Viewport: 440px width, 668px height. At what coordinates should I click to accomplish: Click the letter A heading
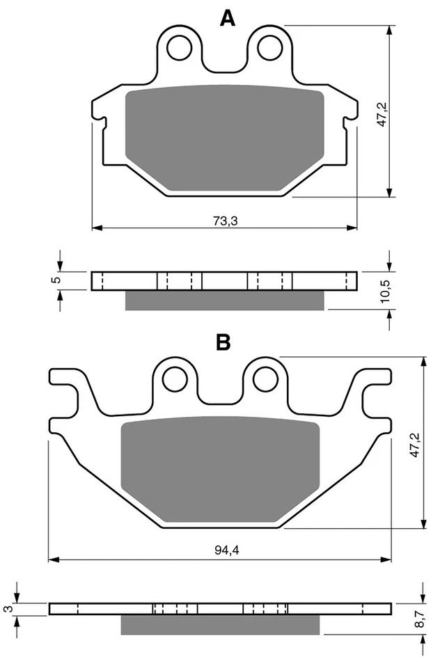click(x=227, y=18)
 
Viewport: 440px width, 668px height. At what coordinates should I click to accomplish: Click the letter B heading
click(x=223, y=342)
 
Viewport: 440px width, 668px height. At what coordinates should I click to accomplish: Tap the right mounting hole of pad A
click(x=268, y=47)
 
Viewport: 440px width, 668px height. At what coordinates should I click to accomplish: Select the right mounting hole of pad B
click(x=265, y=379)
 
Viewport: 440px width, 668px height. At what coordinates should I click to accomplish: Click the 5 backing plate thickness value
click(x=58, y=280)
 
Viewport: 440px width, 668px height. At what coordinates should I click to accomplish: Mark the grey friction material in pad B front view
click(x=220, y=470)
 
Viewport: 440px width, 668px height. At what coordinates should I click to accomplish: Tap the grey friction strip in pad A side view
click(x=224, y=300)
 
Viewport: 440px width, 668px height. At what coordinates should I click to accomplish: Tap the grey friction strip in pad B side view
click(x=221, y=625)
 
